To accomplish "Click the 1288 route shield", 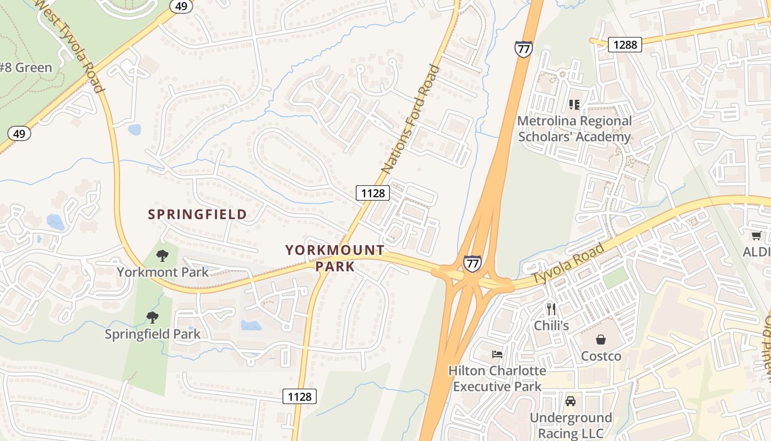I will (x=625, y=45).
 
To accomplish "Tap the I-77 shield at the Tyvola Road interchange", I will (x=472, y=263).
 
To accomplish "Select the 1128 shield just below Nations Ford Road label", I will (x=373, y=192).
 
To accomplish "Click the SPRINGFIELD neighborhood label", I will (x=197, y=214).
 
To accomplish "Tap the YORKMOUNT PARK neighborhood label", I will (x=335, y=258).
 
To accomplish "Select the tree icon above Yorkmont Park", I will (x=162, y=255).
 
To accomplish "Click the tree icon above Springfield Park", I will (x=153, y=318).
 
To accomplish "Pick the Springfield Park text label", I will (x=153, y=334).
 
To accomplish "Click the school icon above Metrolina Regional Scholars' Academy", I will (x=574, y=104).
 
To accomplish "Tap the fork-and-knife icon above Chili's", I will (x=551, y=309).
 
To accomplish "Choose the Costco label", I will (x=601, y=356).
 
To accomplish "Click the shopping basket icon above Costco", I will (x=601, y=340).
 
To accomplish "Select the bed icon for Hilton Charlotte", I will (x=497, y=354).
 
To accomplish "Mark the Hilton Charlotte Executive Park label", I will (x=497, y=378).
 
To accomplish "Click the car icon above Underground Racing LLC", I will (x=571, y=401).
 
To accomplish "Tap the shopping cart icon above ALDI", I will (x=757, y=236).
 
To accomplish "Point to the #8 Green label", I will (x=26, y=68).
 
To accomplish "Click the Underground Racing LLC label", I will (x=571, y=426).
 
